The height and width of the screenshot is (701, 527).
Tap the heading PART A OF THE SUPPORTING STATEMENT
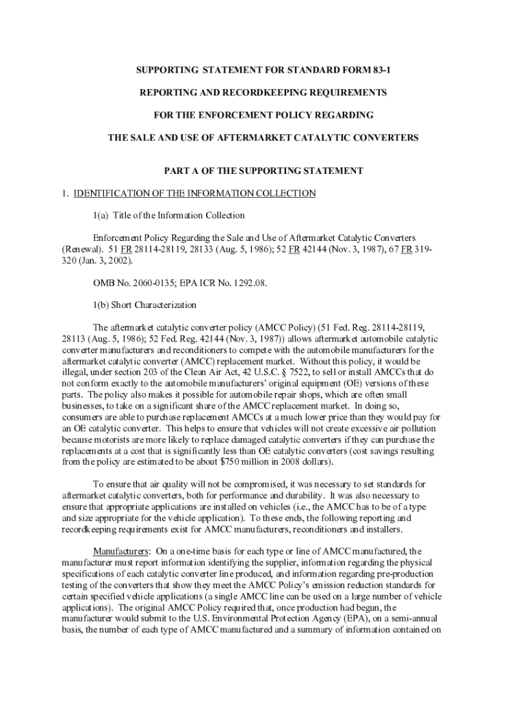pos(263,170)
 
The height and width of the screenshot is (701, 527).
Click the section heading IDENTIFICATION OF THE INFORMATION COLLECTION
pos(194,194)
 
